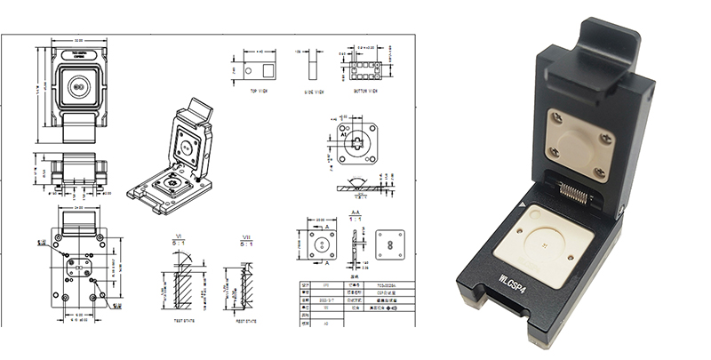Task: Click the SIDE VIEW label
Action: coord(314,91)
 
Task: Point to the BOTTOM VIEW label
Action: coord(365,91)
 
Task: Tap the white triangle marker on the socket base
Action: coord(532,207)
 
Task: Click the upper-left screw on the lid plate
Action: coord(553,115)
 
